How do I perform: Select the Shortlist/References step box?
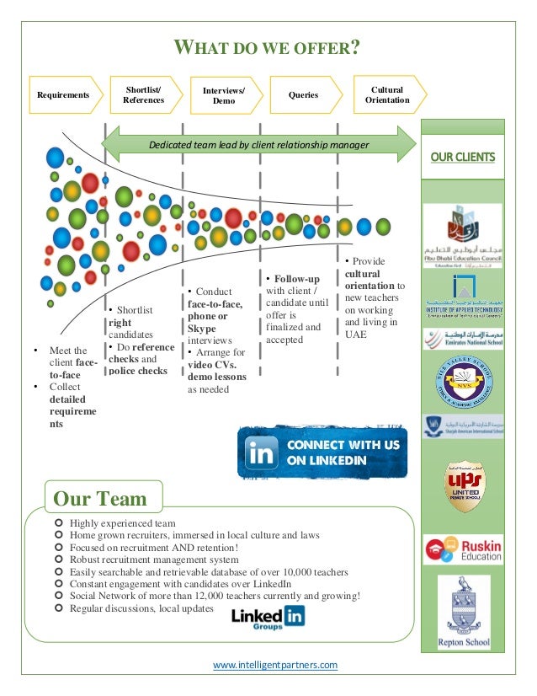(x=144, y=95)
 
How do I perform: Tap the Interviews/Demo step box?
(x=224, y=95)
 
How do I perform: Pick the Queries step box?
(x=304, y=95)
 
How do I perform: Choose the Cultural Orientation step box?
(x=387, y=95)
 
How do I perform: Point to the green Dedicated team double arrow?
(x=258, y=145)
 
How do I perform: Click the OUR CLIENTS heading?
(x=462, y=158)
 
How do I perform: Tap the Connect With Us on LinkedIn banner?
(x=322, y=452)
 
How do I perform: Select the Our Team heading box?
(x=99, y=498)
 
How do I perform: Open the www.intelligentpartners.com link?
(x=275, y=665)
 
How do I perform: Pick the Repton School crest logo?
(x=462, y=613)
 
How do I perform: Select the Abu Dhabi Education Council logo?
(x=462, y=236)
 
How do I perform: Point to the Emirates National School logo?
(x=462, y=340)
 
